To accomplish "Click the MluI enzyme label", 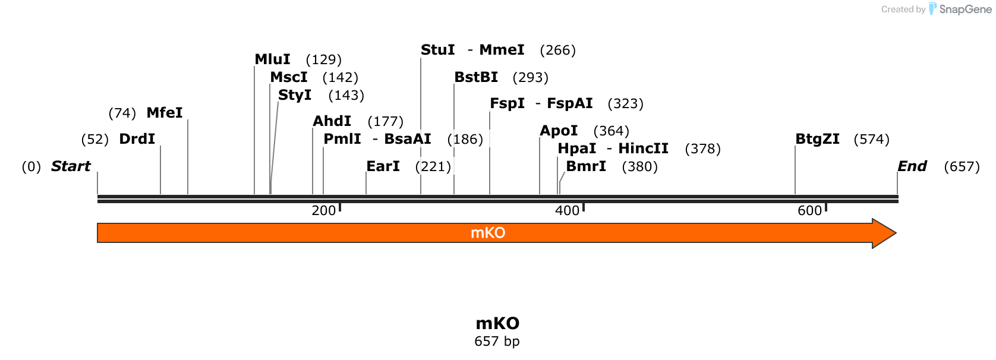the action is click(272, 59).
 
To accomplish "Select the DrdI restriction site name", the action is click(137, 139).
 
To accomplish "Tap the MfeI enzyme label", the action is click(165, 113).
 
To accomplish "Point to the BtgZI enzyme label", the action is click(817, 139).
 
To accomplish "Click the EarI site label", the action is click(383, 166).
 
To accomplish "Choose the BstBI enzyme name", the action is click(476, 77).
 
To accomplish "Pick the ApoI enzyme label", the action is click(559, 131).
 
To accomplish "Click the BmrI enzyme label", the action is click(585, 166).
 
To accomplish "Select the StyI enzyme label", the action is click(294, 95).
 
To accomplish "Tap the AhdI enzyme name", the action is click(332, 121).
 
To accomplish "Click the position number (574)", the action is click(871, 140).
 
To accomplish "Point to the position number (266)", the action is click(557, 50).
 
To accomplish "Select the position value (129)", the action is click(324, 59).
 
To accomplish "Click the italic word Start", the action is click(71, 166).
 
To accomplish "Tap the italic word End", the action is click(912, 166).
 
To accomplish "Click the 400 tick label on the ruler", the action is click(568, 210).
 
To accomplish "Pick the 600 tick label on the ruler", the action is click(809, 210).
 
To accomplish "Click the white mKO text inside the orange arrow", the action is click(488, 233).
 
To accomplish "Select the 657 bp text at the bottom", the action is click(497, 342).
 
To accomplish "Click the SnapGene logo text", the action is click(966, 10).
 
